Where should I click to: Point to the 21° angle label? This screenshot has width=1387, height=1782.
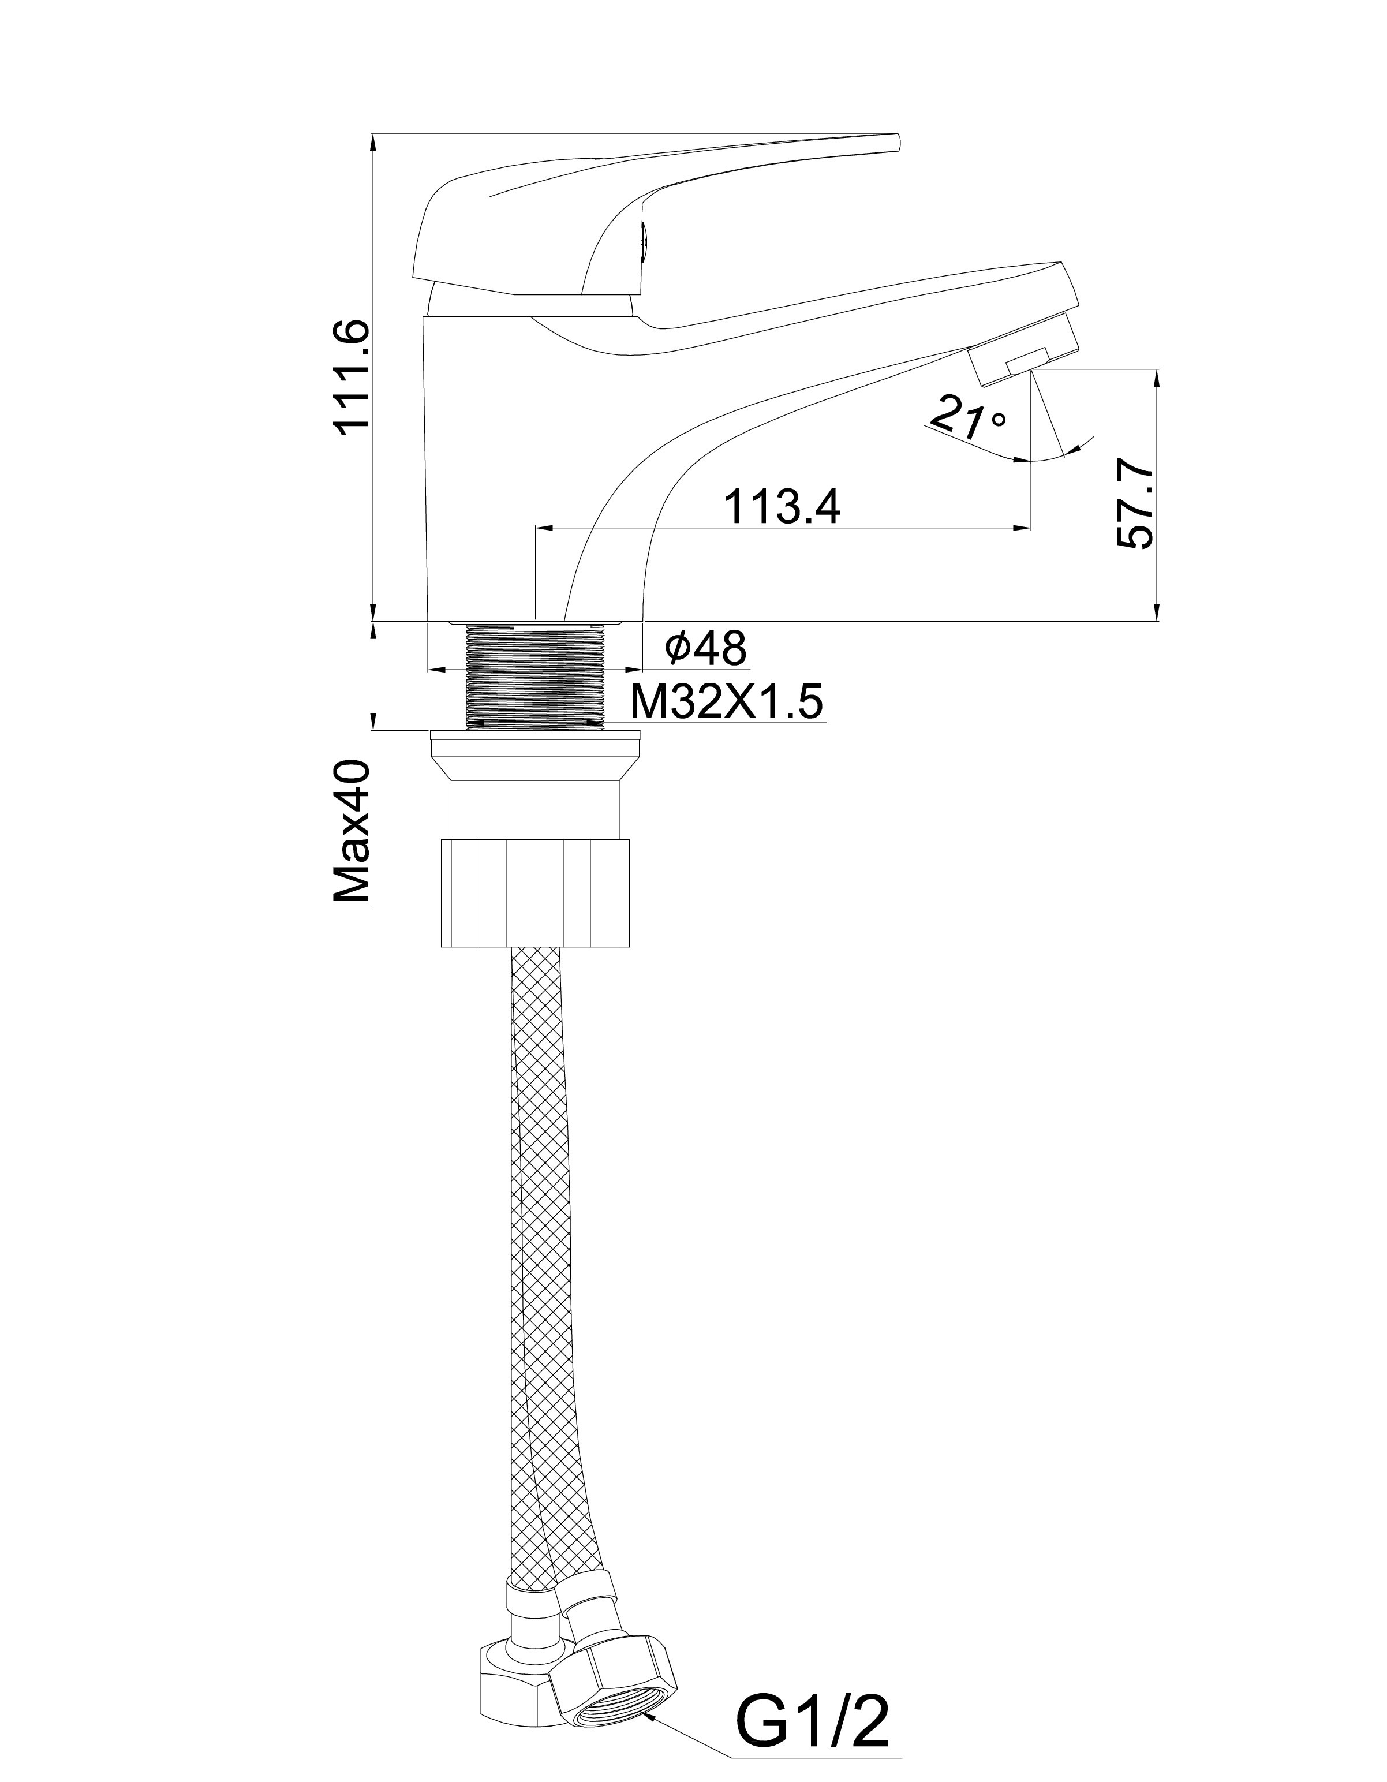967,418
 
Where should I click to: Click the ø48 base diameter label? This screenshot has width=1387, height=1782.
706,649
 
